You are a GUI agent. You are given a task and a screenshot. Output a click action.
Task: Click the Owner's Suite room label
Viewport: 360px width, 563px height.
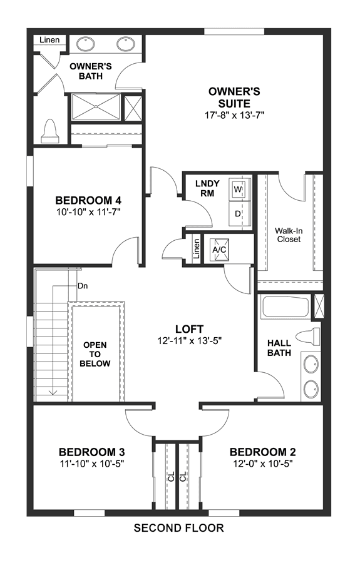(x=234, y=98)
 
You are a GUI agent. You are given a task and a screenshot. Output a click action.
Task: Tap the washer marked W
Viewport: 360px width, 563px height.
(x=238, y=188)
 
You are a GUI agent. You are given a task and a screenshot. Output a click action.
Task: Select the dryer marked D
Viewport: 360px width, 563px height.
(x=238, y=214)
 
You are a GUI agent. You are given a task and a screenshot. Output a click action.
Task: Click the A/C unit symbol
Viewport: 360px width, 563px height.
(x=219, y=249)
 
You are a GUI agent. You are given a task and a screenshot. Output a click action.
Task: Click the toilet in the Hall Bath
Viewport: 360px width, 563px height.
(x=308, y=337)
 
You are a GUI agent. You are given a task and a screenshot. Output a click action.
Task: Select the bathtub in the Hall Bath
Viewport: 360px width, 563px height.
(x=285, y=307)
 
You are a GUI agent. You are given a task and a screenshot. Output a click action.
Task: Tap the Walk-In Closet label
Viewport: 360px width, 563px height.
(x=289, y=235)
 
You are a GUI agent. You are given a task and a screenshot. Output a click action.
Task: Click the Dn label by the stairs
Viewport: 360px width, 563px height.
(x=83, y=286)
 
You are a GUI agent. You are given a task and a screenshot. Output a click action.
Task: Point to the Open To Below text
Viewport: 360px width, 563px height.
(x=95, y=354)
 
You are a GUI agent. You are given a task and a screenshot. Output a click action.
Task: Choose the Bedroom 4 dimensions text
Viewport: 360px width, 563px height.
(x=88, y=212)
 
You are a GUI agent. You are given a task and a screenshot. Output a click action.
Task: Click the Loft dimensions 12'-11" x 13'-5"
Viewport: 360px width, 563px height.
(x=189, y=340)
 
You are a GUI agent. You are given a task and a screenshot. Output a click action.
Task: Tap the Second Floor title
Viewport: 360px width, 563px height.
(x=179, y=528)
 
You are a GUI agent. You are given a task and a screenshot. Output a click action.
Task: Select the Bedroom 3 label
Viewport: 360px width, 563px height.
(x=92, y=452)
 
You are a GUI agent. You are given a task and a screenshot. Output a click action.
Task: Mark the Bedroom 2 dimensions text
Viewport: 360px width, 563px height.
(x=262, y=464)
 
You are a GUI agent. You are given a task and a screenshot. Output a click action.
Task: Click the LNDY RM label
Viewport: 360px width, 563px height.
(x=207, y=188)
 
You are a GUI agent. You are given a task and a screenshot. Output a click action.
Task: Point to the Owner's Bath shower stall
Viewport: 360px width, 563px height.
(x=96, y=106)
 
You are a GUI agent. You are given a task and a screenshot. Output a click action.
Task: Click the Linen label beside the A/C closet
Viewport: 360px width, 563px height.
(x=196, y=249)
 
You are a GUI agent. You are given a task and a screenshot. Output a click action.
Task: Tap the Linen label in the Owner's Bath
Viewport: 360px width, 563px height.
(x=49, y=39)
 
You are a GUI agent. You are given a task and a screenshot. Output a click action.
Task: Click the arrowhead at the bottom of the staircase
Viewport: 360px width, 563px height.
(x=53, y=392)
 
